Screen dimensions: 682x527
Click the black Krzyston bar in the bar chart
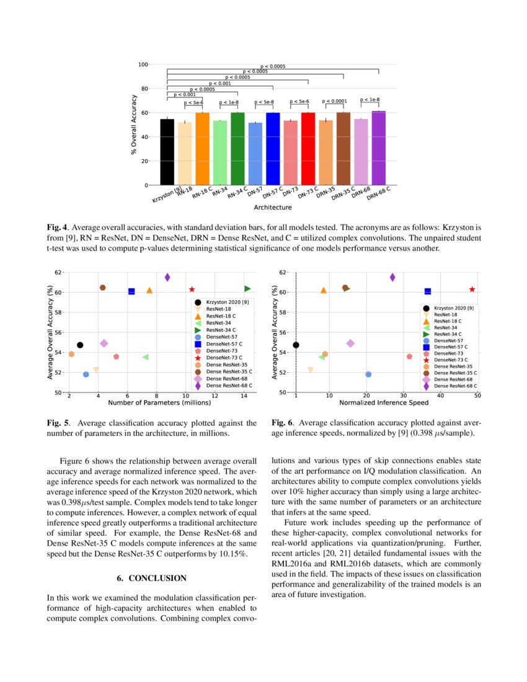[167, 152]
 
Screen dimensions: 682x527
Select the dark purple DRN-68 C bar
[378, 148]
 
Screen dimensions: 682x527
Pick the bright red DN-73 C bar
[308, 149]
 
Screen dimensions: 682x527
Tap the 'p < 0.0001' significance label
[335, 100]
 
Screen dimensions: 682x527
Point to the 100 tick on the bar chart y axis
[143, 64]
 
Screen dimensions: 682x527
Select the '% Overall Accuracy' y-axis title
[133, 125]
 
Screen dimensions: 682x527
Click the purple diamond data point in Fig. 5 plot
[167, 277]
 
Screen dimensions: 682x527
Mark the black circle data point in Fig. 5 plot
[80, 345]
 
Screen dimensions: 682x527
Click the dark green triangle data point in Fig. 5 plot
[247, 288]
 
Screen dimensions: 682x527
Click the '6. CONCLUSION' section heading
[151, 578]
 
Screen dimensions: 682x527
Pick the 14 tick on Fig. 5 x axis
[244, 396]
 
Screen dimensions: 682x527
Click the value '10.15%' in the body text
[232, 553]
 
